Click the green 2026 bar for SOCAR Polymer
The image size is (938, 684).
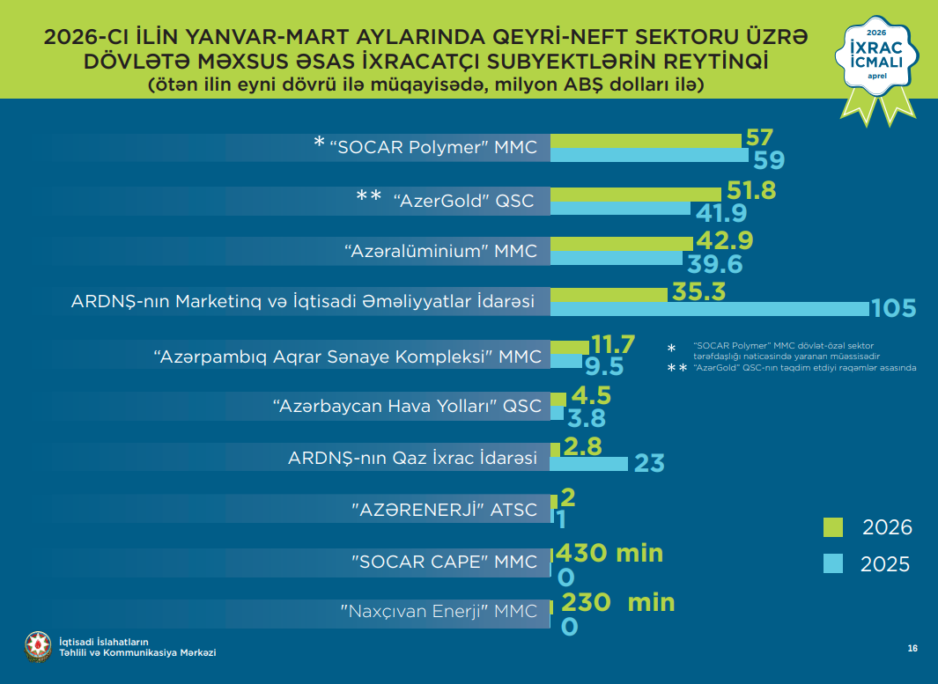coord(646,141)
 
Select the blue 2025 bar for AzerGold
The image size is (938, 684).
coord(620,209)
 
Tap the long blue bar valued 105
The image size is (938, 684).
coord(709,308)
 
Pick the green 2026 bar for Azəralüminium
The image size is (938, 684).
coord(622,243)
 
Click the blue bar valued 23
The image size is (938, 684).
coord(589,463)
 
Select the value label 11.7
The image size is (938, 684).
coord(614,343)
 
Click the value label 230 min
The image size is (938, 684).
coord(617,602)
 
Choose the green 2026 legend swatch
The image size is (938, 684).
coord(833,527)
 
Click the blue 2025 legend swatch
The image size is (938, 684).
coord(833,563)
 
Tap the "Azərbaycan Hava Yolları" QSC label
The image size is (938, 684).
coord(407,406)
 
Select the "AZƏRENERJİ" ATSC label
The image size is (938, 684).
coord(444,509)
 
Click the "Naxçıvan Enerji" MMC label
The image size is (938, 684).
coord(439,611)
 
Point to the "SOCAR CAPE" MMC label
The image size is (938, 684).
coord(444,561)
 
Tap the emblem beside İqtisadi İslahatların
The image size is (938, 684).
coord(38,646)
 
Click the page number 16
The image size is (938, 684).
coord(912,649)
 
